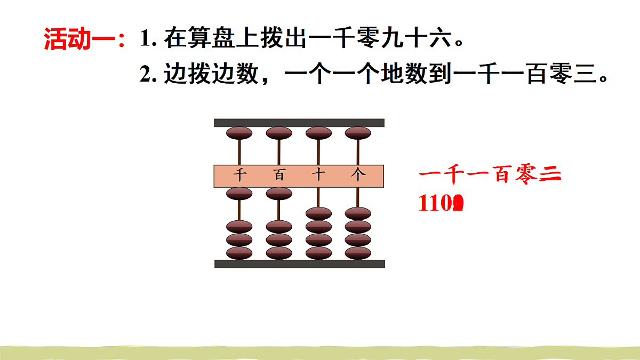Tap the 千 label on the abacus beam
coord(239,175)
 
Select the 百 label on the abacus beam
coord(279,175)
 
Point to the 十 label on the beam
coord(318,175)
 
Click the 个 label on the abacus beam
coord(358,175)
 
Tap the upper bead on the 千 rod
coord(239,133)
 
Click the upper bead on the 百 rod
coord(279,133)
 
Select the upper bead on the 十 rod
coord(318,133)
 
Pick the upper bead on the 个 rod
coord(358,133)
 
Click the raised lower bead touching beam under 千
coord(239,193)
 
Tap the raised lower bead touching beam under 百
coord(279,193)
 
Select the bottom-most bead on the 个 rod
coord(358,253)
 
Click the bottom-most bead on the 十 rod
coord(318,253)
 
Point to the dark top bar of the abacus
coord(299,123)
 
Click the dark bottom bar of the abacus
coord(299,263)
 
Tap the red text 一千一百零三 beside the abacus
coord(490,175)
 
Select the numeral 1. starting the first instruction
coord(147,39)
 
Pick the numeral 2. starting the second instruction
coord(147,75)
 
